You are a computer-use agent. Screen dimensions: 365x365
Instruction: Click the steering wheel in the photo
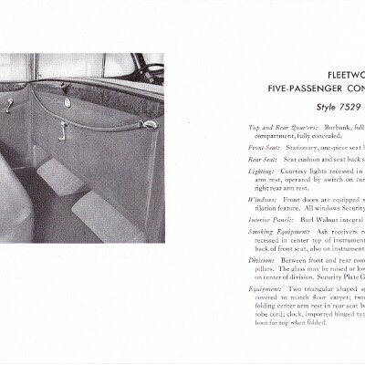click(151, 70)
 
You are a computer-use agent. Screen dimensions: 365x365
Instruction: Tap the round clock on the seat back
click(68, 105)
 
